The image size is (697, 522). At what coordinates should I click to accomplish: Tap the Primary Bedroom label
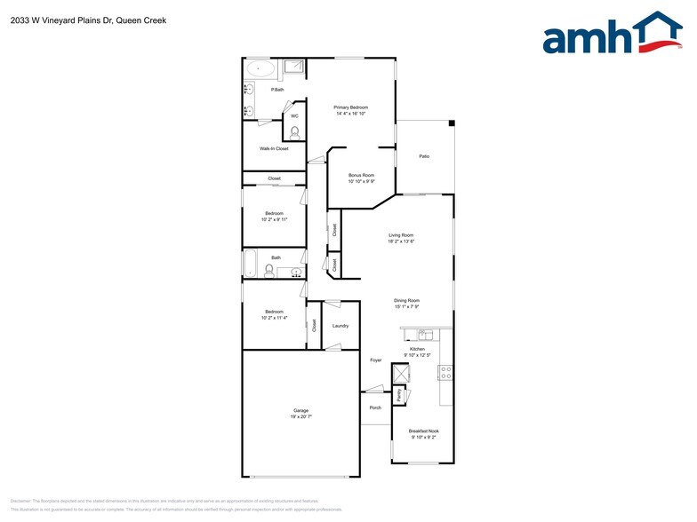[x=351, y=107]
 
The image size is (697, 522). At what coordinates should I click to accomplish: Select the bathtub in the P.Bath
[x=261, y=68]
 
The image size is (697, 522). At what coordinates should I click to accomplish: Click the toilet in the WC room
[x=294, y=130]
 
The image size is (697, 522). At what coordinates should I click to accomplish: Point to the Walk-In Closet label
[x=274, y=148]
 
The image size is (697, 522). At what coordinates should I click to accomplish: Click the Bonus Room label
[x=361, y=175]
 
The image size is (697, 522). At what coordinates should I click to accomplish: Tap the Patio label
[x=424, y=156]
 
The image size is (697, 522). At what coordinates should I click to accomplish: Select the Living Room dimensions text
[x=401, y=241]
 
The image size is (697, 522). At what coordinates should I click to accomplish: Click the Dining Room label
[x=406, y=300]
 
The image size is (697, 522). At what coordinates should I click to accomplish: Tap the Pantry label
[x=400, y=394]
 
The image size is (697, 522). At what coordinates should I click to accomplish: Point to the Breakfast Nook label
[x=423, y=431]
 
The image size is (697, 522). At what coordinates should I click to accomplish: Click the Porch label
[x=375, y=407]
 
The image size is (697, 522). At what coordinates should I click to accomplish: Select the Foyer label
[x=375, y=360]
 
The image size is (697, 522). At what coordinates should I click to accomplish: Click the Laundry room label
[x=340, y=326]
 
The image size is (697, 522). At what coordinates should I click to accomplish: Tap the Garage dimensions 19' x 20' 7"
[x=301, y=416]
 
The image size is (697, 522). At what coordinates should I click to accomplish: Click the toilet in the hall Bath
[x=269, y=268]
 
